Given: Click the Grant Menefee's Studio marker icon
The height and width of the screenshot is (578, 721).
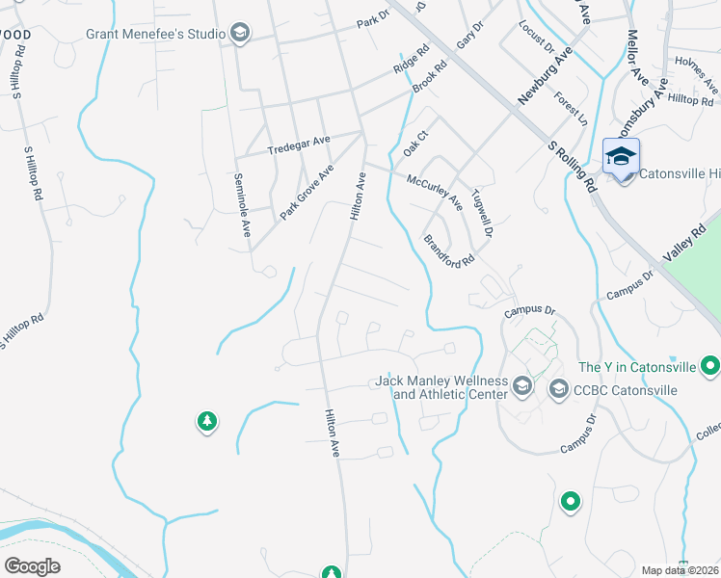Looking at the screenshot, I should pos(240,34).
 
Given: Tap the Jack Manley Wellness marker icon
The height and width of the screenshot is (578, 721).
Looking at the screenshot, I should pos(522,386).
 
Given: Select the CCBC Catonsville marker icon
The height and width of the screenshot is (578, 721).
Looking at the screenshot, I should pos(558,389).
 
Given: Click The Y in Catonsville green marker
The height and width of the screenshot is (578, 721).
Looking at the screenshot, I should pos(711,366).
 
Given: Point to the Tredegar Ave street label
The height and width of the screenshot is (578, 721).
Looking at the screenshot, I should pos(298,149).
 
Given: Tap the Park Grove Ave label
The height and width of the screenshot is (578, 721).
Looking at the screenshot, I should pos(307,191).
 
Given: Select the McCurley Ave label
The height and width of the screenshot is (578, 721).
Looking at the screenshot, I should pos(434,192).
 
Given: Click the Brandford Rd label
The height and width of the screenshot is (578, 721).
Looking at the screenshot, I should pos(449,249).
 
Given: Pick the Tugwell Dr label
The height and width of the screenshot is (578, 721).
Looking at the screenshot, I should pos(481,214).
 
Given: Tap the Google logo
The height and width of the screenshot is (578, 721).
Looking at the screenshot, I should pos(32,565).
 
